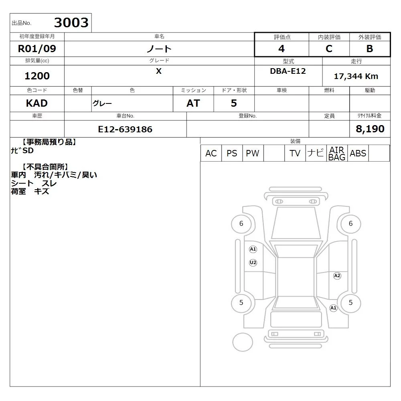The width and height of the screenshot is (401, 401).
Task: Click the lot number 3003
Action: click(71, 22)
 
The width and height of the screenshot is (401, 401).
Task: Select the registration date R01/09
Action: click(37, 49)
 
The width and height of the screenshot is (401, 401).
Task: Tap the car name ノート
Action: click(159, 49)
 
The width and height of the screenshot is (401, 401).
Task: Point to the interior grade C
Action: click(329, 49)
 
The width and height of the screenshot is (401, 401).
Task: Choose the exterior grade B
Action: click(370, 49)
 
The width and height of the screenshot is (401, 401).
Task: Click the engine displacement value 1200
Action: click(37, 76)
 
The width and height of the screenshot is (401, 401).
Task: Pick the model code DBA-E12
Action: click(288, 71)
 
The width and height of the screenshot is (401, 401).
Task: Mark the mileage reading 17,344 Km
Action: click(356, 76)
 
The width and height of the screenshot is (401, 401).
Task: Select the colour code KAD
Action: click(37, 103)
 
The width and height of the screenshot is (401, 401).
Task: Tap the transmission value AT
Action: click(193, 103)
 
